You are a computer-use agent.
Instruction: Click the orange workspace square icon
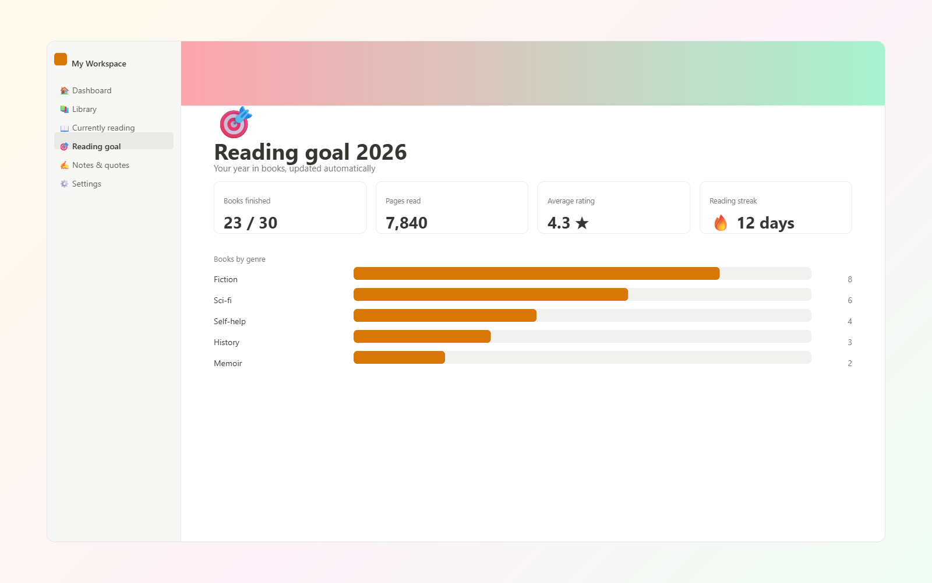click(x=61, y=59)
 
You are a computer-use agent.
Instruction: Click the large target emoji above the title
click(x=235, y=122)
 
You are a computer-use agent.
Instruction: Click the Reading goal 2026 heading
click(x=310, y=152)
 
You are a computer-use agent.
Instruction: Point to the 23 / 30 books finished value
click(x=250, y=223)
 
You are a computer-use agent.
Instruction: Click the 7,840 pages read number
click(x=406, y=223)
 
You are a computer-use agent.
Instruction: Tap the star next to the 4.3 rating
click(x=582, y=223)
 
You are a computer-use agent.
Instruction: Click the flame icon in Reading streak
click(x=720, y=223)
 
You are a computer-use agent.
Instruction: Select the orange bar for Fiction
click(x=536, y=273)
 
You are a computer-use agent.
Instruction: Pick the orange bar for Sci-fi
click(x=490, y=294)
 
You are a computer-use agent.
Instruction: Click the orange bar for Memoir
click(x=399, y=357)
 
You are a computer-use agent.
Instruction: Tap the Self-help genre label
click(x=230, y=321)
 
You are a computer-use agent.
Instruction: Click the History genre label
click(x=227, y=342)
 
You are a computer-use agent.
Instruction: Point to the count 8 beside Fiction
click(x=850, y=279)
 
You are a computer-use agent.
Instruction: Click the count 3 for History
click(x=850, y=342)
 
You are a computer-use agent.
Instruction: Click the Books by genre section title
click(x=239, y=259)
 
